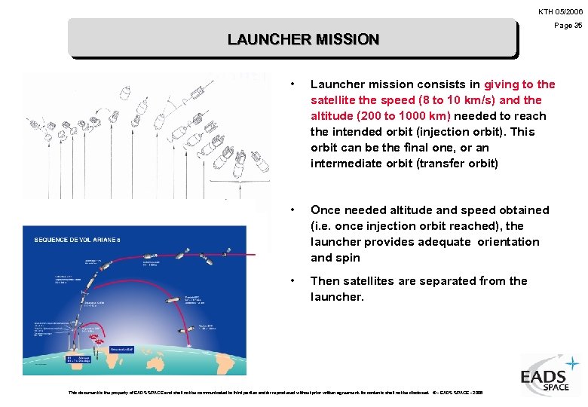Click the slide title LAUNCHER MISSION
303,39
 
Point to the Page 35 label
568,26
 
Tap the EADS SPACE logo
550,376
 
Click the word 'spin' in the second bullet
349,258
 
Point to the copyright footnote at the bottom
275,392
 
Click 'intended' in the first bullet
357,132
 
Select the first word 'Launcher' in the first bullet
337,84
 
